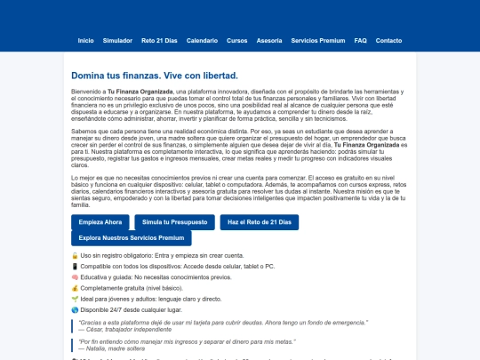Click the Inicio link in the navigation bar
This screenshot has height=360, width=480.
[85, 41]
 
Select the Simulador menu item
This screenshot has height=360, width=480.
[117, 41]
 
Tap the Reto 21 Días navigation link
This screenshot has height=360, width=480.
[159, 41]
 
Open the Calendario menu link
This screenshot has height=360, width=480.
[202, 41]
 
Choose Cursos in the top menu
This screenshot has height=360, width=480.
[236, 41]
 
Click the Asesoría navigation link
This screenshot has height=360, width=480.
[269, 41]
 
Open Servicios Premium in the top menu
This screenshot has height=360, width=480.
[317, 41]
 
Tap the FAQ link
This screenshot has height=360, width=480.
[360, 41]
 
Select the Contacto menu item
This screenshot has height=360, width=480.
[388, 41]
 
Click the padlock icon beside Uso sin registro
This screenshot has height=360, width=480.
[75, 255]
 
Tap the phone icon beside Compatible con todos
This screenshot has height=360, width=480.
[75, 266]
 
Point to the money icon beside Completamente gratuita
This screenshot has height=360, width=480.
[75, 287]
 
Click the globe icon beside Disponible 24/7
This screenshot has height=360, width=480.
[75, 308]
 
